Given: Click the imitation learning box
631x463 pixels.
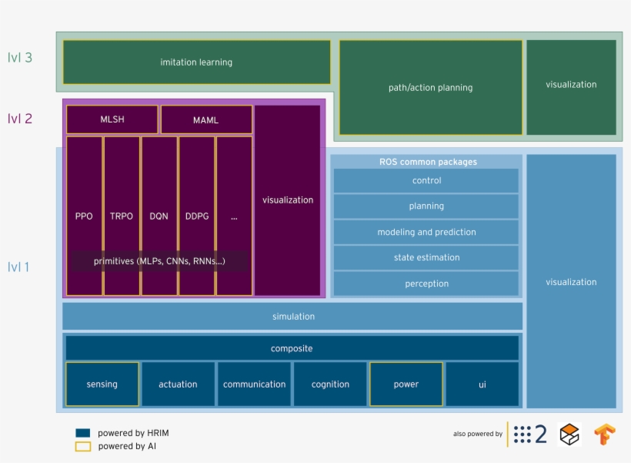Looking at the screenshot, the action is [197, 62].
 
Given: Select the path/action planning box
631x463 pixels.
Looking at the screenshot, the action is [431, 88].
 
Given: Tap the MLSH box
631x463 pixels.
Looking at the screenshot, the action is [112, 119].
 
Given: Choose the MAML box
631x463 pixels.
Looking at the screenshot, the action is [206, 119].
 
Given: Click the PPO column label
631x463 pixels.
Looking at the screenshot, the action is [84, 216].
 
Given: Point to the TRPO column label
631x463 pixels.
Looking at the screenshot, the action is [121, 216].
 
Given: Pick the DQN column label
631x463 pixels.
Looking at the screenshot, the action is [159, 216].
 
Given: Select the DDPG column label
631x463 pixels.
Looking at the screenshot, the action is [197, 216].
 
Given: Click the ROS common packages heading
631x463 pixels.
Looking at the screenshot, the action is [428, 162].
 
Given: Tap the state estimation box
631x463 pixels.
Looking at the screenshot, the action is [426, 257].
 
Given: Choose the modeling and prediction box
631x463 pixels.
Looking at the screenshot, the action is [426, 232].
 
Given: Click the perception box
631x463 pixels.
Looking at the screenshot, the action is [426, 284].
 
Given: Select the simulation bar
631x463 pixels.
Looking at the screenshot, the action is [292, 317].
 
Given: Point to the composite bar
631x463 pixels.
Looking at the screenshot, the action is [292, 348].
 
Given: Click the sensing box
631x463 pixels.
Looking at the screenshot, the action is [102, 384].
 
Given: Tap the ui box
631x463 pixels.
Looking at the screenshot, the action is [482, 384].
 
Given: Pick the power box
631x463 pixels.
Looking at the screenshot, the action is [406, 384].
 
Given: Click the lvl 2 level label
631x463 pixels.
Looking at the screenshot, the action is [20, 119].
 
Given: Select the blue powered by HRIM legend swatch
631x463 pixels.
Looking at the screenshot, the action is [83, 433].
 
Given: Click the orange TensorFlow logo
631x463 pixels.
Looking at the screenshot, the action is [605, 434].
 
